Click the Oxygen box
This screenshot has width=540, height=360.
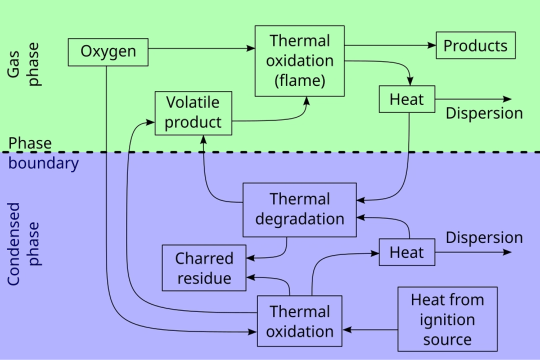[108, 52]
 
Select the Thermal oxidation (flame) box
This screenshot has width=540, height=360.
[299, 61]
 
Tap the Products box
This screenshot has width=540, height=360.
[475, 45]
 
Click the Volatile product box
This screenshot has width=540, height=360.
[193, 113]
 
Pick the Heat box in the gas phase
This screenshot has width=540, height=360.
[406, 99]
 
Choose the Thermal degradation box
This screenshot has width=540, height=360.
[299, 209]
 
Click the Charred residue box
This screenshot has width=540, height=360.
[204, 268]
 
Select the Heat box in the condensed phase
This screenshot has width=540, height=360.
[406, 252]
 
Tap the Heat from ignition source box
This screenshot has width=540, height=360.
[447, 319]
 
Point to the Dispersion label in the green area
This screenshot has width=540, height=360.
[484, 113]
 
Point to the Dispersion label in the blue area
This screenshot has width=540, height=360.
[484, 237]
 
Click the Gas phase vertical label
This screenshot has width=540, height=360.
[23, 64]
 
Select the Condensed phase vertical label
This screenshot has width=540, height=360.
[23, 244]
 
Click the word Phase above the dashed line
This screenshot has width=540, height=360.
[30, 143]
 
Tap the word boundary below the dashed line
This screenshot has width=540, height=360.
[43, 163]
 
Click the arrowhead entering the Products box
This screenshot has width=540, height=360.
[432, 45]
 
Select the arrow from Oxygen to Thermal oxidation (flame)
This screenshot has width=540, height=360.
[200, 48]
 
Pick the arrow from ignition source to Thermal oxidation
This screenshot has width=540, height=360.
[370, 330]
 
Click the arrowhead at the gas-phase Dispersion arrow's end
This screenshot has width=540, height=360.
[507, 99]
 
